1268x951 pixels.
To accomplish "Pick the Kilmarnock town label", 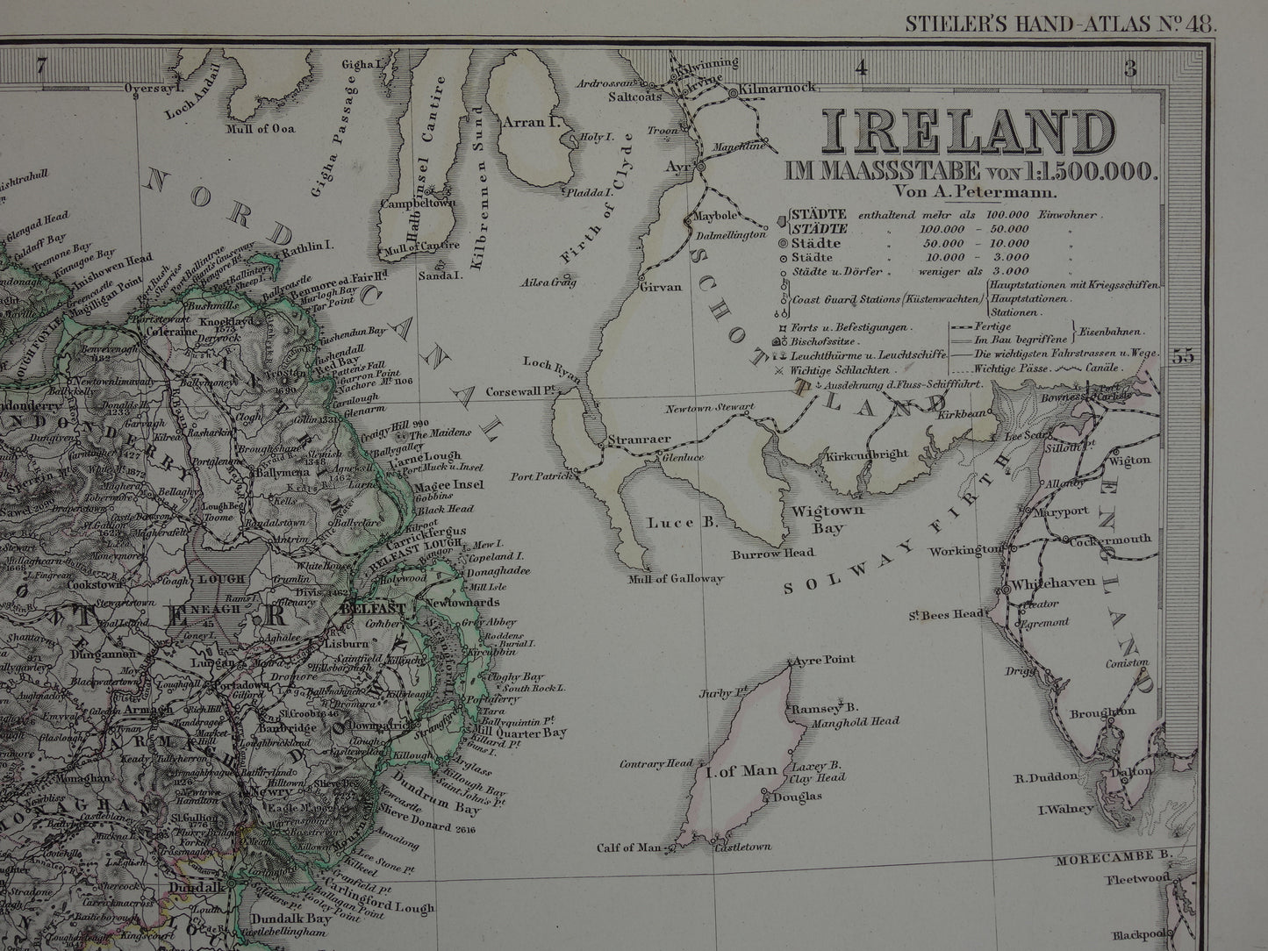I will coord(778,88).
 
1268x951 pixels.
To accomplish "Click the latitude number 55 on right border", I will coord(1183,355).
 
